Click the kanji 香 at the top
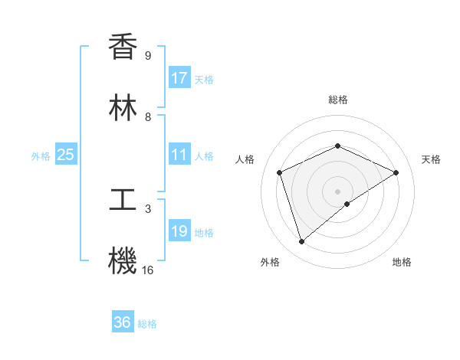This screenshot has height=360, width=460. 123,47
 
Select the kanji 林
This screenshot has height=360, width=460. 123,108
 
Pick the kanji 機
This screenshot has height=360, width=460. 123,261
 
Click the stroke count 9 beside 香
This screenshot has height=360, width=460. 148,56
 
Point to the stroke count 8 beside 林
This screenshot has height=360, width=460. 148,117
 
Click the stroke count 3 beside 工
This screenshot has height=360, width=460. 148,208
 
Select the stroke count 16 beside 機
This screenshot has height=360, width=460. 148,270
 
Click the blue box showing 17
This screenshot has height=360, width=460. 179,78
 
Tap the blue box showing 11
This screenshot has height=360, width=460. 179,155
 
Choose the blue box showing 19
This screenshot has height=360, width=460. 179,231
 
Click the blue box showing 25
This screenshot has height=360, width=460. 66,155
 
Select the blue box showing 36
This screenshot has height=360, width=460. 123,322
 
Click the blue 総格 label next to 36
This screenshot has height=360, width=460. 147,324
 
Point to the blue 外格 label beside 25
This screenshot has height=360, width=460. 41,156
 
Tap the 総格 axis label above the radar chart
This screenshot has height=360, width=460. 337,100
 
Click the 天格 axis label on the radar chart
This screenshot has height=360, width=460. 431,159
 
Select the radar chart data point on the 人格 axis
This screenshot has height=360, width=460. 280,172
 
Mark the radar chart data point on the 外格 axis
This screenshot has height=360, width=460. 301,242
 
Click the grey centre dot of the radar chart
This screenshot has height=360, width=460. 337,191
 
